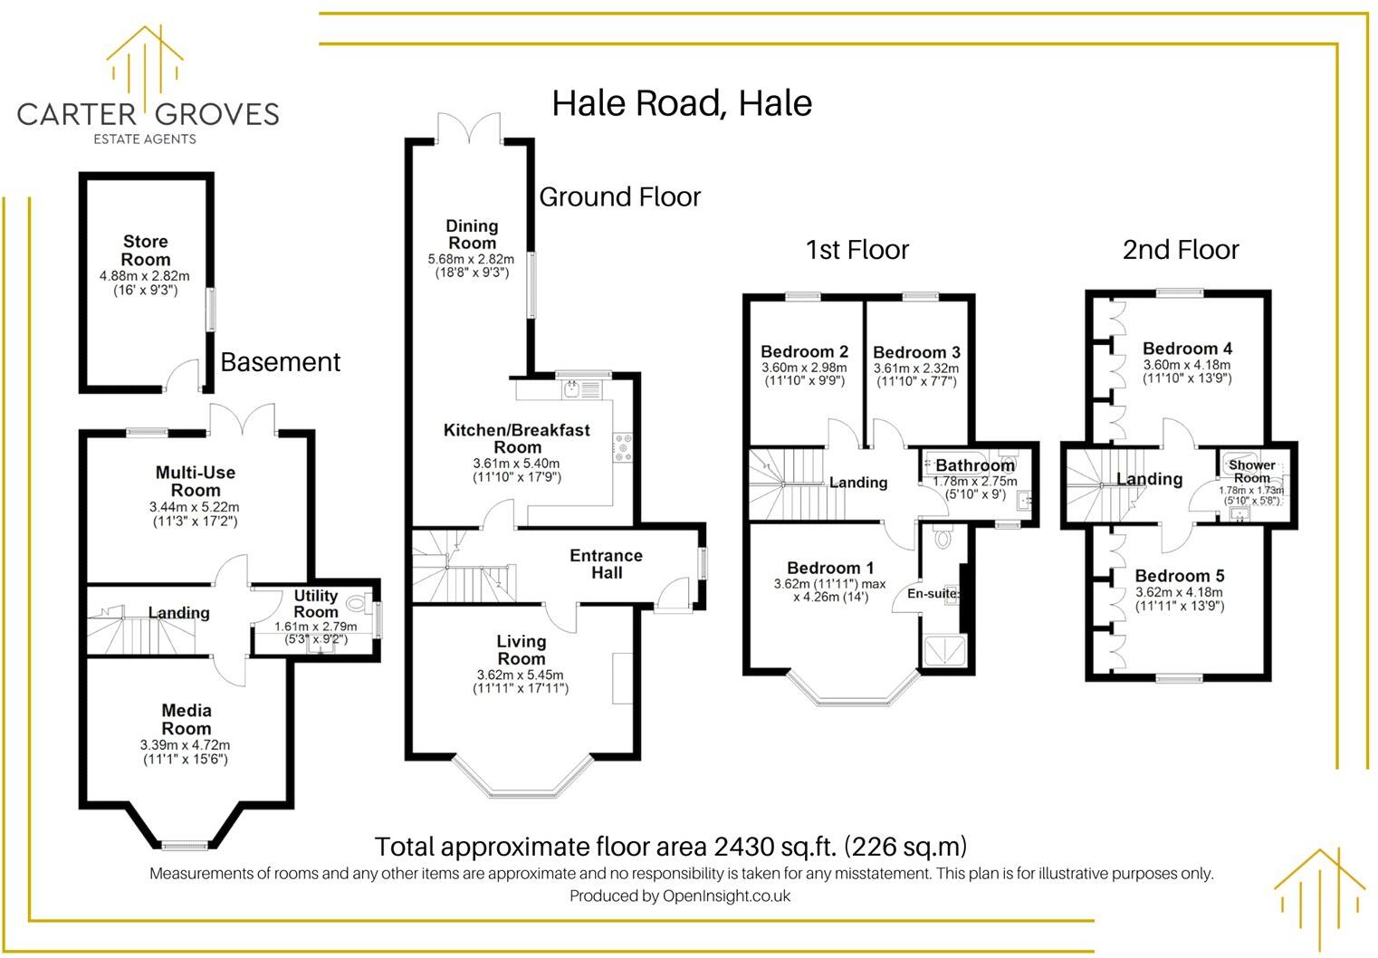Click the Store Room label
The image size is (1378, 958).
(x=145, y=250)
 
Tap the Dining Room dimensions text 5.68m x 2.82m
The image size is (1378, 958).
(x=471, y=259)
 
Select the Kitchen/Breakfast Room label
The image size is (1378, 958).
(x=517, y=438)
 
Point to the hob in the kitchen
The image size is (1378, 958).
(x=622, y=447)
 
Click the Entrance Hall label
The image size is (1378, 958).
(x=606, y=563)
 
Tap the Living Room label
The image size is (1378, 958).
(x=522, y=650)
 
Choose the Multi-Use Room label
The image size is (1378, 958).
(x=195, y=481)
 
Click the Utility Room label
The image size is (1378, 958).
(x=316, y=604)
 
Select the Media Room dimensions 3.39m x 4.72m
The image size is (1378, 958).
(x=186, y=744)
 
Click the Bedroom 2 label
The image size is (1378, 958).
(x=804, y=351)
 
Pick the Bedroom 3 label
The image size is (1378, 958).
(x=916, y=352)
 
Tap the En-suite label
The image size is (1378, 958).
(x=933, y=594)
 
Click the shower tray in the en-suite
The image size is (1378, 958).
(x=945, y=650)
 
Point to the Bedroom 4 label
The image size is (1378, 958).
(x=1187, y=349)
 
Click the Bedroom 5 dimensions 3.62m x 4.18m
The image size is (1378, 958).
(x=1179, y=592)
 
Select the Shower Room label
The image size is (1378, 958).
(x=1252, y=472)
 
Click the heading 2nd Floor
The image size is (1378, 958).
(x=1181, y=250)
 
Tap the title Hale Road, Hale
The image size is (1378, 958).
(x=682, y=102)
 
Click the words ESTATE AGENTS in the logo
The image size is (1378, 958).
(x=145, y=139)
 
